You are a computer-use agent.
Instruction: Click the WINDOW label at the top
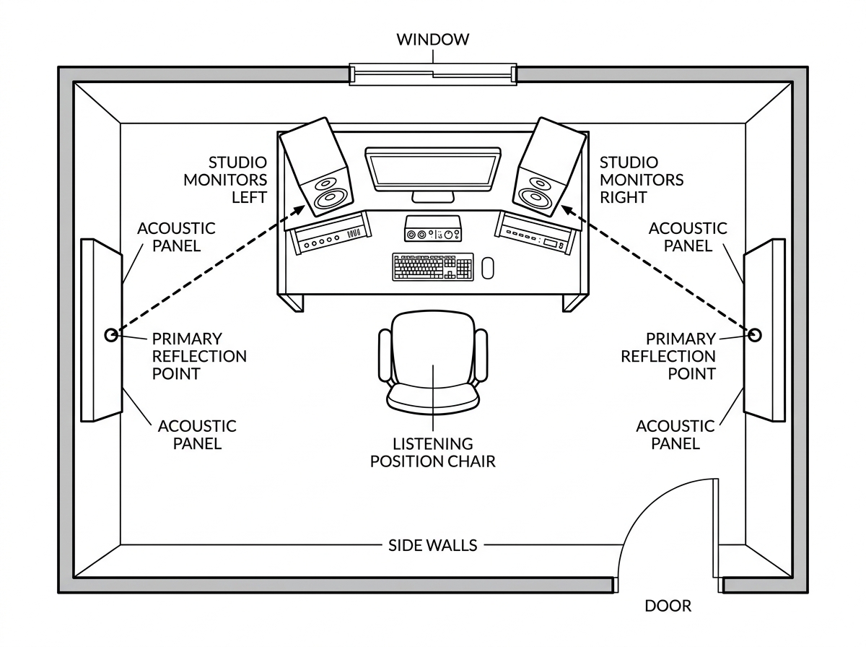[x=432, y=39]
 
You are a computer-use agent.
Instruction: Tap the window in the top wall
[x=432, y=74]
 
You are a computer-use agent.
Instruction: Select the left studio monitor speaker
[x=315, y=168]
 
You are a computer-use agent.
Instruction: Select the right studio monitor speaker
[x=550, y=168]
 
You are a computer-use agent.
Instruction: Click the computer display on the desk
[x=432, y=170]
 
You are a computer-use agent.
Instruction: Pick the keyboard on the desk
[x=433, y=266]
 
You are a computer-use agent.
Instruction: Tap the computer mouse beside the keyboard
[x=488, y=267]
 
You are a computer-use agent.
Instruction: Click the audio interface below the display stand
[x=432, y=230]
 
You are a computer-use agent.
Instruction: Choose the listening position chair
[x=432, y=360]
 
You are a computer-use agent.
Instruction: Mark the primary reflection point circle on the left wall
[x=111, y=334]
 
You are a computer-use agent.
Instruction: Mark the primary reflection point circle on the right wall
[x=755, y=334]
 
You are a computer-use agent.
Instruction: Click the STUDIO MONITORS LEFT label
[x=225, y=180]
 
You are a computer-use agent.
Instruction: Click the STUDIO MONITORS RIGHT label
[x=641, y=180]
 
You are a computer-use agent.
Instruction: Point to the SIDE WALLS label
[x=432, y=544]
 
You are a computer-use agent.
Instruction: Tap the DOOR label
[x=668, y=606]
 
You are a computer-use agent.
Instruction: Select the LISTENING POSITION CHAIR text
[x=432, y=453]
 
